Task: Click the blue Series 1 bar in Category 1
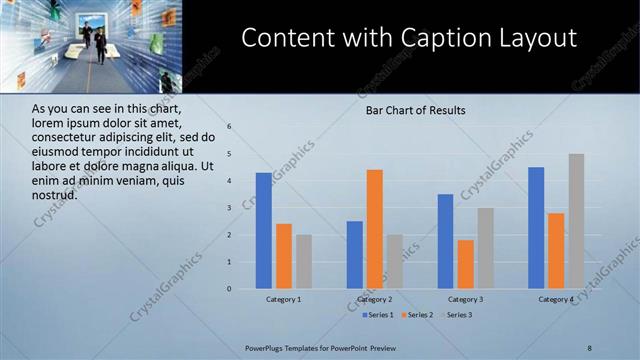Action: pyautogui.click(x=263, y=231)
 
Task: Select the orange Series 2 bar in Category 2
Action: pyautogui.click(x=374, y=229)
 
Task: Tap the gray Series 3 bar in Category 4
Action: pyautogui.click(x=576, y=221)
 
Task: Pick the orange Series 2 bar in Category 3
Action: pyautogui.click(x=465, y=264)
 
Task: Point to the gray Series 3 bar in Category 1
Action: pyautogui.click(x=304, y=262)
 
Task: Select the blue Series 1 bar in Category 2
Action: pyautogui.click(x=354, y=255)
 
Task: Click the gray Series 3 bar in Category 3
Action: pyautogui.click(x=485, y=248)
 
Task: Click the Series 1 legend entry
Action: pyautogui.click(x=379, y=315)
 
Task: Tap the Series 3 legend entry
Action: pyautogui.click(x=460, y=315)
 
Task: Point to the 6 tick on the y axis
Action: pyautogui.click(x=229, y=127)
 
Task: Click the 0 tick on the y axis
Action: pyautogui.click(x=229, y=289)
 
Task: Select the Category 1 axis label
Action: pyautogui.click(x=283, y=299)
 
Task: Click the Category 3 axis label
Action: pyautogui.click(x=465, y=299)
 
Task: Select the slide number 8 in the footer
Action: pyautogui.click(x=589, y=347)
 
